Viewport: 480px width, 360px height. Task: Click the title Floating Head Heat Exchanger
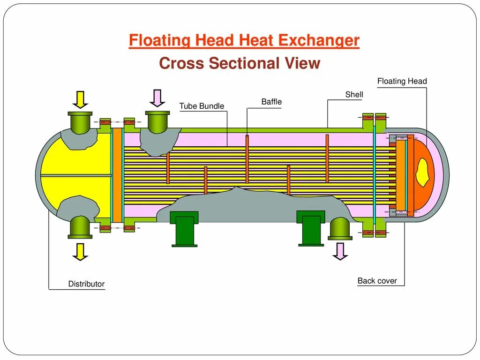[x=244, y=41]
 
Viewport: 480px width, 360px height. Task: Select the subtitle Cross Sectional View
[x=240, y=63]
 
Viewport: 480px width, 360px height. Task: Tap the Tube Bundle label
[x=202, y=106]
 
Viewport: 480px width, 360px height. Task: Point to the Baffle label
[x=271, y=102]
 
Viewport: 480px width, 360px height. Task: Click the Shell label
[x=354, y=95]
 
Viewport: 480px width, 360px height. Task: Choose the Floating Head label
[x=402, y=81]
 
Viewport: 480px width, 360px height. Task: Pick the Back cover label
[x=377, y=281]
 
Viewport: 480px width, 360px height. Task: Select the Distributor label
[x=86, y=284]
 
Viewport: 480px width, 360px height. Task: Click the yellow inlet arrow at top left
[x=80, y=99]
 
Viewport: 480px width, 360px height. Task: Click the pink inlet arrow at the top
[x=157, y=98]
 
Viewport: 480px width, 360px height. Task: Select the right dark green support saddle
[x=310, y=228]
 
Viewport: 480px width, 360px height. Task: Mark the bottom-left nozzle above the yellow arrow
[x=80, y=227]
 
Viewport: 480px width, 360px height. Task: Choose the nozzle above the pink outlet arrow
[x=340, y=229]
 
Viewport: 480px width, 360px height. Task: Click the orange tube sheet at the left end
[x=117, y=174]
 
